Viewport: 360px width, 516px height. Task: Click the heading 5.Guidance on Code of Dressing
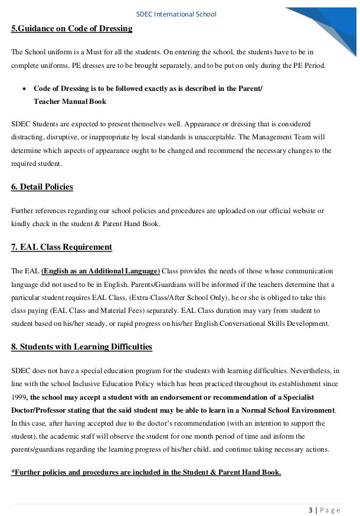point(71,28)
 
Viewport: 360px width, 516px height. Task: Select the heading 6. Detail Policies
point(42,187)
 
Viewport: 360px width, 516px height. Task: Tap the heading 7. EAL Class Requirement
point(61,247)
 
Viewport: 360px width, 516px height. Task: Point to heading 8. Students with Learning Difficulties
point(81,347)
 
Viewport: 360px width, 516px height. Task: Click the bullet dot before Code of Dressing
point(24,89)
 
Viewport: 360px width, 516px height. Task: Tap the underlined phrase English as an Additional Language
point(100,271)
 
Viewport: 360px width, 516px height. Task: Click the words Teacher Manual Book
point(70,102)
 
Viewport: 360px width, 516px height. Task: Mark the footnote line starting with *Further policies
point(146,472)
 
